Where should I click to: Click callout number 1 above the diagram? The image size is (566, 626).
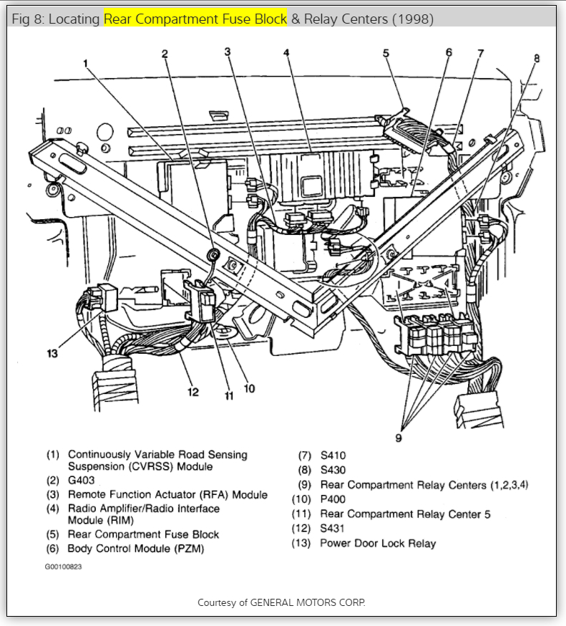pyautogui.click(x=85, y=63)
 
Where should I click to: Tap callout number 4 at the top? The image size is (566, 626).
pyautogui.click(x=286, y=53)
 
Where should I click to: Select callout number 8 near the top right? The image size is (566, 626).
pyautogui.click(x=537, y=58)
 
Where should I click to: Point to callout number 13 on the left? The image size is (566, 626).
pyautogui.click(x=52, y=353)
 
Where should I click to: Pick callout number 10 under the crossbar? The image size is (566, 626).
pyautogui.click(x=248, y=389)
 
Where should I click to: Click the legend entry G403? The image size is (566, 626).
pyautogui.click(x=81, y=480)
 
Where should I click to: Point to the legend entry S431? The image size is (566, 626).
pyautogui.click(x=334, y=529)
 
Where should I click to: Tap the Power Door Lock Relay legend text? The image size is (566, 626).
pyautogui.click(x=378, y=543)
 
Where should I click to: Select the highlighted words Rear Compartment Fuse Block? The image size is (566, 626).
pyautogui.click(x=195, y=19)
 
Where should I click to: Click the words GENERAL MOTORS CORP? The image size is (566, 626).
pyautogui.click(x=308, y=602)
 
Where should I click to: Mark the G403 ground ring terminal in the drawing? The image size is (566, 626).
pyautogui.click(x=213, y=254)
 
